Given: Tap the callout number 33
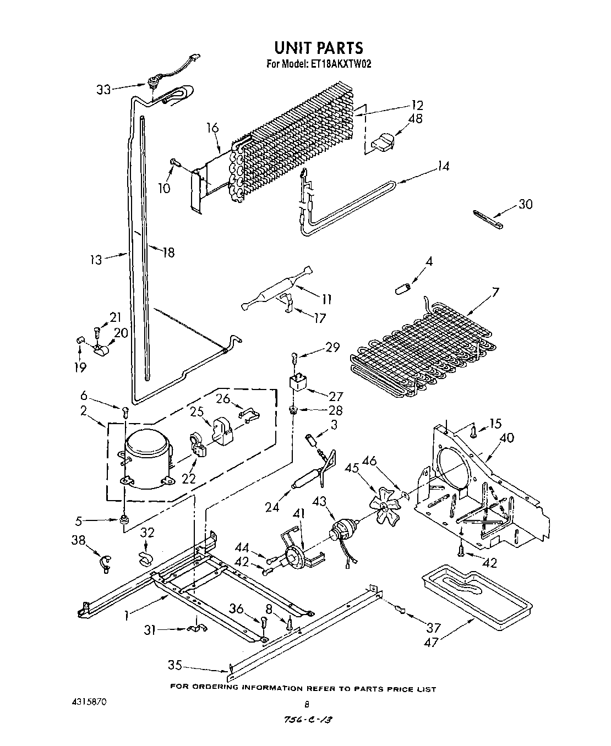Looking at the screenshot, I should tap(103, 89).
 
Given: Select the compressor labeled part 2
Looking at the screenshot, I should tap(145, 458).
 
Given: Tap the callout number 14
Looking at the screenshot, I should tap(444, 166).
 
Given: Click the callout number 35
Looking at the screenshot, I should tap(175, 665).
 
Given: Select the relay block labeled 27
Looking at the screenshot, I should tap(299, 381).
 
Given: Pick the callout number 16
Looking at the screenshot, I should tap(212, 128).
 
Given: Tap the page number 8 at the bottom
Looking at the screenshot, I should tap(307, 704).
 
